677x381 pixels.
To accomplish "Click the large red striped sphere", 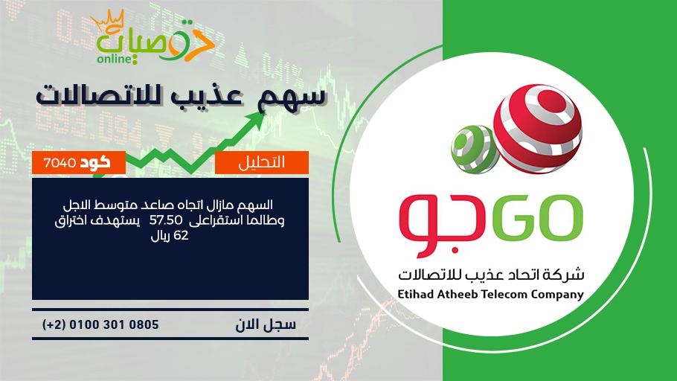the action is pyautogui.click(x=538, y=129).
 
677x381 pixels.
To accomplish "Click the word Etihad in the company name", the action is pyautogui.click(x=415, y=294).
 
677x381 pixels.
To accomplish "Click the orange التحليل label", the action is pyautogui.click(x=262, y=162).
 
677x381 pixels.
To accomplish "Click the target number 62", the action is pyautogui.click(x=181, y=236).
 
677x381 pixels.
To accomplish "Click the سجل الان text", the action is pyautogui.click(x=266, y=325).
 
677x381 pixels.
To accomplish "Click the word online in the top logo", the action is pyautogui.click(x=114, y=58).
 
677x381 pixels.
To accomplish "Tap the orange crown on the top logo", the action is pyautogui.click(x=108, y=20).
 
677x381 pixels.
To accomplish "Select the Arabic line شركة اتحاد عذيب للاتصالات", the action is pyautogui.click(x=491, y=274).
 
